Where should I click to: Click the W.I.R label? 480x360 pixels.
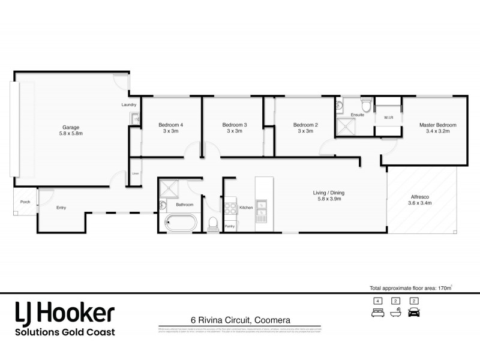[x=388, y=117]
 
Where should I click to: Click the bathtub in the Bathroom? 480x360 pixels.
[x=181, y=223]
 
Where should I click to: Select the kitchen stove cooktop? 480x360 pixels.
[x=231, y=209]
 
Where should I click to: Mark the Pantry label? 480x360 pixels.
[x=230, y=226]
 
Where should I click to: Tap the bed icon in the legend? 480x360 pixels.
[x=377, y=312]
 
